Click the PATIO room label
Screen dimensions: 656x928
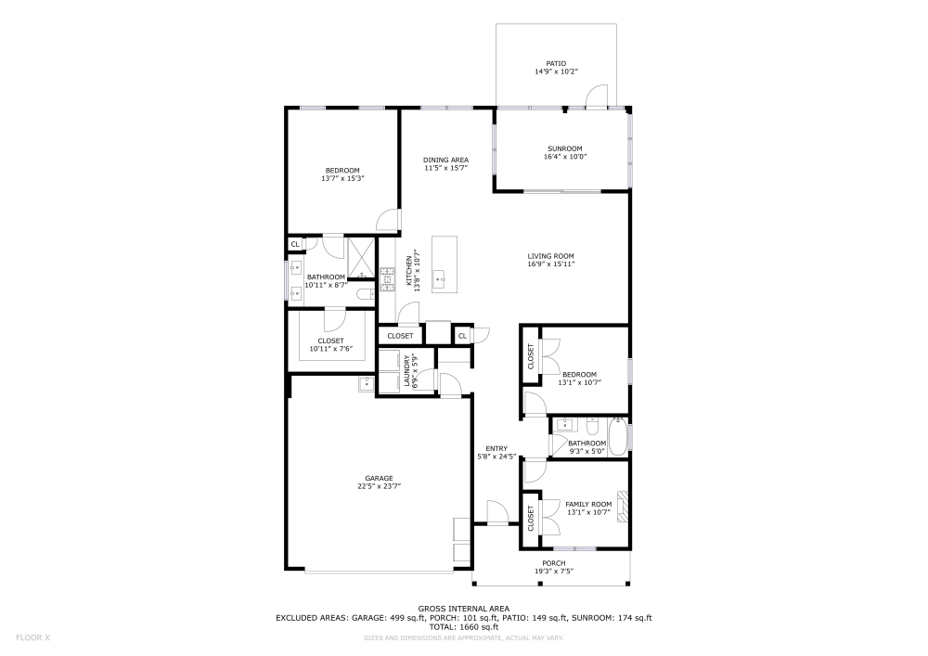point(556,63)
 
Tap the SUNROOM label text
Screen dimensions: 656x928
point(564,148)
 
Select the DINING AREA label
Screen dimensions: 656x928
point(445,160)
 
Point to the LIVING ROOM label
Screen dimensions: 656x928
point(551,256)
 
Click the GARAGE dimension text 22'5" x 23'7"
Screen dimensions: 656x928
point(379,485)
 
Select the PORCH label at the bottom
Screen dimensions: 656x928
point(553,563)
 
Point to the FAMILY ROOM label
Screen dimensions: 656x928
point(588,504)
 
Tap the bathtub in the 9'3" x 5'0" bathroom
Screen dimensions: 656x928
point(617,433)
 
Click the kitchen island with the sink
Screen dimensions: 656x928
point(445,264)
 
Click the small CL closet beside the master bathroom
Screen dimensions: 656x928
point(295,244)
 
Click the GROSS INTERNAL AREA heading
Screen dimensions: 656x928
point(464,608)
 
